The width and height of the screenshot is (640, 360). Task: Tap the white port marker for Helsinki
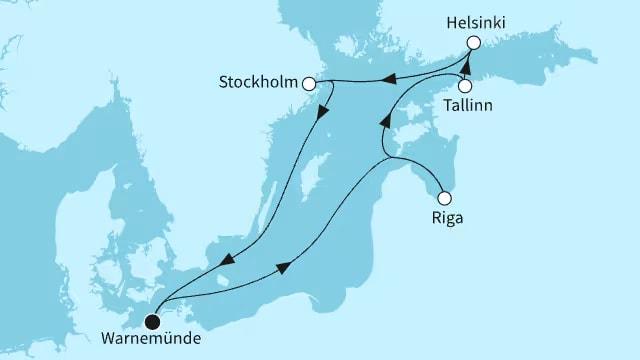(x=474, y=42)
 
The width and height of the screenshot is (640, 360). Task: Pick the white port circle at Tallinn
(x=466, y=87)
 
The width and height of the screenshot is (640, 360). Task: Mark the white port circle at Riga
(x=445, y=197)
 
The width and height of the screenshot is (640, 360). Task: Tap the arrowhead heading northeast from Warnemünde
(x=284, y=265)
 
